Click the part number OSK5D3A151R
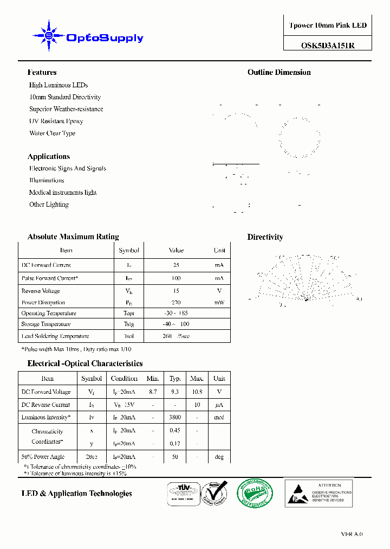(x=328, y=46)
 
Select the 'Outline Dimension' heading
(x=279, y=72)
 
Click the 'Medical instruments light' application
(x=63, y=193)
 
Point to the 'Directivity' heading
(x=265, y=237)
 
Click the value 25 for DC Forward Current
(x=176, y=265)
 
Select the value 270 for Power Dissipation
(x=176, y=303)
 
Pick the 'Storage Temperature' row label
(x=46, y=324)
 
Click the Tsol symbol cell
(x=129, y=336)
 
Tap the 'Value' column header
(x=176, y=251)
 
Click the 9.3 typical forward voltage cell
(x=175, y=392)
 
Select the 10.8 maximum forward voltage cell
(x=197, y=392)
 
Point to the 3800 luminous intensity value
(x=175, y=418)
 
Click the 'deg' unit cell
(x=219, y=457)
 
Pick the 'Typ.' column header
(x=175, y=379)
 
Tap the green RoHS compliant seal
(x=255, y=493)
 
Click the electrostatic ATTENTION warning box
(x=319, y=493)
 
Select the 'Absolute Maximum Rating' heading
(x=73, y=237)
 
